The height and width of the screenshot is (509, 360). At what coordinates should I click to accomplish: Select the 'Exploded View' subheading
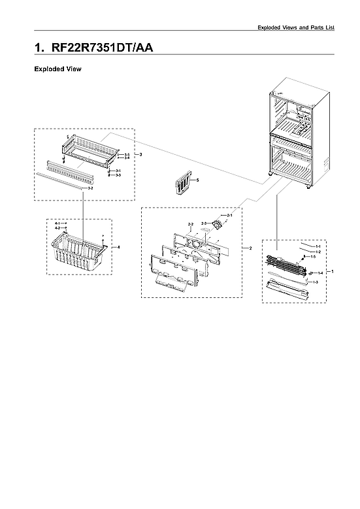pyautogui.click(x=57, y=69)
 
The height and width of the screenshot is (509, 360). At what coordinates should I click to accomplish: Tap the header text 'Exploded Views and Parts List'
pyautogui.click(x=295, y=27)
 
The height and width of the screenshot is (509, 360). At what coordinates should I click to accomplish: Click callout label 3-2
pyautogui.click(x=90, y=188)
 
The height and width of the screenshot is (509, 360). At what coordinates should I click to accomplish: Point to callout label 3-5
pyautogui.click(x=127, y=154)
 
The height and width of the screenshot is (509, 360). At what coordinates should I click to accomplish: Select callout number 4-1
pyautogui.click(x=57, y=223)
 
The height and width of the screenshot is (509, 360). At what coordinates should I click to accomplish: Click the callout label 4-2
pyautogui.click(x=57, y=228)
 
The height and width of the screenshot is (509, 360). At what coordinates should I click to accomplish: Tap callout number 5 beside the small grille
pyautogui.click(x=197, y=179)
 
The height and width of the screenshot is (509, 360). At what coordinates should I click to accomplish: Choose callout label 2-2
pyautogui.click(x=191, y=224)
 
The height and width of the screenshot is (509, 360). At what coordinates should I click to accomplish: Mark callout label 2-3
pyautogui.click(x=204, y=223)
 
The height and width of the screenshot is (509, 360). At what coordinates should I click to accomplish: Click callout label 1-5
pyautogui.click(x=313, y=256)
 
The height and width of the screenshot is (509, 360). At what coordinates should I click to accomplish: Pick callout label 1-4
pyautogui.click(x=320, y=272)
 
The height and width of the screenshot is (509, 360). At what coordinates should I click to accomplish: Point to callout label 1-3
pyautogui.click(x=316, y=282)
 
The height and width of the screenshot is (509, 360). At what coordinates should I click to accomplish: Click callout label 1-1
pyautogui.click(x=318, y=246)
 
